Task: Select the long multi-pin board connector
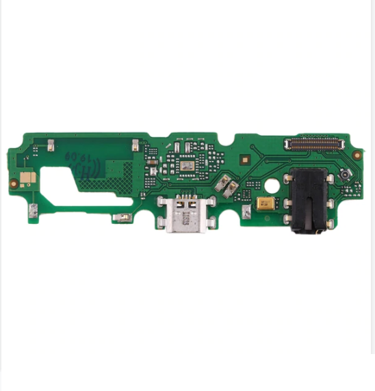pos(314,143)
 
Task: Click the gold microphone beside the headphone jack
pos(266,204)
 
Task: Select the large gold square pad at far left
pos(26,177)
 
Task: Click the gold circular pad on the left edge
pos(13,184)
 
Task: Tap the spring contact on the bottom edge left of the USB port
pos(124,219)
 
